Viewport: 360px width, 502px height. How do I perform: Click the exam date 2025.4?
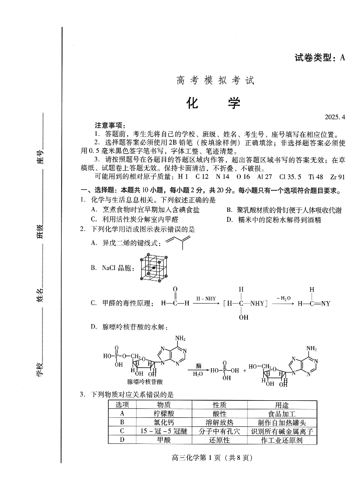tap(335, 117)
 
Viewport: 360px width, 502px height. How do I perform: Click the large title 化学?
tap(214, 103)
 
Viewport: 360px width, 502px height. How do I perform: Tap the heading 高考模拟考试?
tap(215, 80)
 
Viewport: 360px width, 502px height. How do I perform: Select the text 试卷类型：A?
tap(319, 58)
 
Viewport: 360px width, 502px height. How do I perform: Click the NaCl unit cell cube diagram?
tap(154, 268)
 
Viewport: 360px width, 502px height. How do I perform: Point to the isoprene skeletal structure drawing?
tap(178, 242)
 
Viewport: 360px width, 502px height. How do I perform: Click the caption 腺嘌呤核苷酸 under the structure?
tap(145, 382)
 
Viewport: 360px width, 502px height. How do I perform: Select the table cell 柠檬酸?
tap(164, 414)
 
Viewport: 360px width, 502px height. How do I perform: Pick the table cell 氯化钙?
tap(164, 422)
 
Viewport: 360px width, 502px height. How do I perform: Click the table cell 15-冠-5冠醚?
tap(164, 431)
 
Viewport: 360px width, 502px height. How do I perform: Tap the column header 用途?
tap(282, 405)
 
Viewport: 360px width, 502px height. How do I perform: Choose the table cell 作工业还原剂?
tap(282, 440)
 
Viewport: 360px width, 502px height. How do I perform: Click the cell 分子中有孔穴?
tap(219, 431)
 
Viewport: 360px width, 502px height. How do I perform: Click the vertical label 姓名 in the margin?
tap(40, 295)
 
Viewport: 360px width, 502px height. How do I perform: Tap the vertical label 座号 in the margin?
tap(41, 156)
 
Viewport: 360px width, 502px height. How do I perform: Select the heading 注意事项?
tap(110, 125)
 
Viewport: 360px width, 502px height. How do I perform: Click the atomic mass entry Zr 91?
tap(337, 177)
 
